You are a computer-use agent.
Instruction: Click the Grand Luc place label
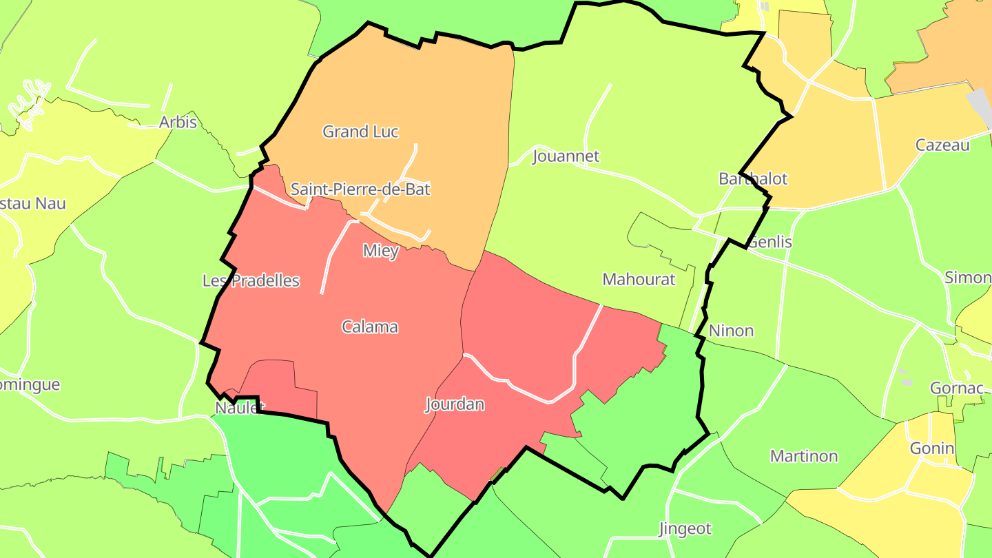click(360, 132)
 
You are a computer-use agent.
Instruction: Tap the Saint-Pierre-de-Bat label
click(360, 189)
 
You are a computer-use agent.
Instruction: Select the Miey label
click(381, 251)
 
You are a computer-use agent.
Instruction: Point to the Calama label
click(370, 327)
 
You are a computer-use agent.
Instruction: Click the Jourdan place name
click(455, 404)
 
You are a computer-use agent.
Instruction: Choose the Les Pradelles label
click(251, 280)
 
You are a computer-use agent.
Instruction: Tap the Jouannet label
click(566, 156)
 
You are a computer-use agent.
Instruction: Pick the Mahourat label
click(639, 279)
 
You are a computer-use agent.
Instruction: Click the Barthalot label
click(752, 179)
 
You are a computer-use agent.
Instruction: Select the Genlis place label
click(769, 242)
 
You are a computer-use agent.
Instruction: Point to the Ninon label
click(731, 331)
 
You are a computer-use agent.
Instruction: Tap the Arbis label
click(178, 123)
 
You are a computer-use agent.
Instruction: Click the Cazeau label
click(942, 145)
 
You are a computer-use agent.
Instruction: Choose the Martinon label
click(804, 456)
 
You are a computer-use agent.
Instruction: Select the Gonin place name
click(932, 448)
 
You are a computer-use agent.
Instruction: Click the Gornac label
click(956, 388)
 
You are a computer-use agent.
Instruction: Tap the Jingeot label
click(685, 529)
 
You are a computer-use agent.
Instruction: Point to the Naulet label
click(240, 408)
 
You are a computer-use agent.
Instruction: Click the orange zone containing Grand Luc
click(413, 90)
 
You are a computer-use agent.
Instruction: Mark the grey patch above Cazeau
click(980, 103)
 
